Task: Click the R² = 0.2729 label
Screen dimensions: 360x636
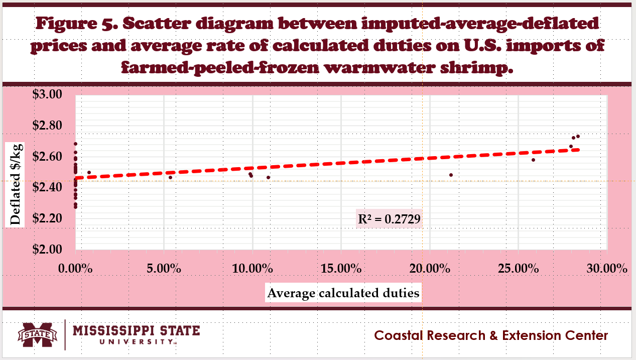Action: coord(389,218)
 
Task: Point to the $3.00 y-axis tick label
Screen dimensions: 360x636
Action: coord(47,94)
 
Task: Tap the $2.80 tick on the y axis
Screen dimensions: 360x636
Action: coord(47,126)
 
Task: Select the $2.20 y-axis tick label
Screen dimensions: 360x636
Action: coord(47,218)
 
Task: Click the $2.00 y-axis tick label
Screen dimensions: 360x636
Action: coord(47,250)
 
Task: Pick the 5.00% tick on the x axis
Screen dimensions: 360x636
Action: coord(164,269)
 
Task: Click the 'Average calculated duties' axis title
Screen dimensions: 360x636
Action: coord(343,293)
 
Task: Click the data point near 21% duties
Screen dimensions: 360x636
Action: coord(451,175)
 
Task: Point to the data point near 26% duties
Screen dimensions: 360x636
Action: coord(533,160)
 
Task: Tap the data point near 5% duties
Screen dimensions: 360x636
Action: coord(170,177)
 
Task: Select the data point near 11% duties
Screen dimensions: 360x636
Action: coord(268,177)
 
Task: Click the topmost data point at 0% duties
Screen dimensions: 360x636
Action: coord(75,144)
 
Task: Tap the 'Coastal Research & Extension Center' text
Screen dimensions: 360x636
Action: coord(491,335)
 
